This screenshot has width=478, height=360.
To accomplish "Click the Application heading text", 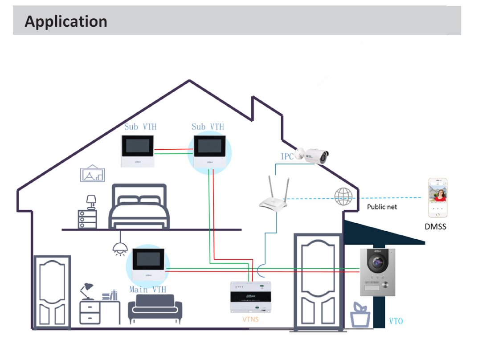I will pyautogui.click(x=66, y=21).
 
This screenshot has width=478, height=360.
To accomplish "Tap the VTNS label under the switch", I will pyautogui.click(x=250, y=319).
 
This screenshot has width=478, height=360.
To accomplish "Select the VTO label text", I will pyautogui.click(x=396, y=321).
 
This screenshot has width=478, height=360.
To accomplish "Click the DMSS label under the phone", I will pyautogui.click(x=435, y=227).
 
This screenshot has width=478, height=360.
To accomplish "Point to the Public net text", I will pyautogui.click(x=382, y=207).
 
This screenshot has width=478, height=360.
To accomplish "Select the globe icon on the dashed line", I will pyautogui.click(x=343, y=196).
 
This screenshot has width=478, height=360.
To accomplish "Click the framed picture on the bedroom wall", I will pyautogui.click(x=93, y=174).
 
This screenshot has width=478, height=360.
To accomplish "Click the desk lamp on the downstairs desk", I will pyautogui.click(x=86, y=290).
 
